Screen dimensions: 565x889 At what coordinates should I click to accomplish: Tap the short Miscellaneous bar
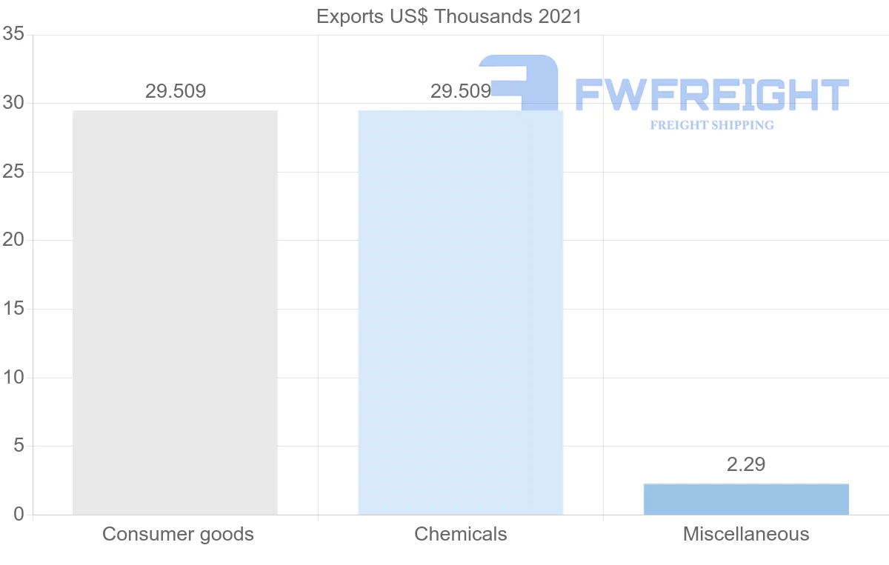(746, 499)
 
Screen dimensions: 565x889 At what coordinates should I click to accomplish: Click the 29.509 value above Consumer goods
(176, 91)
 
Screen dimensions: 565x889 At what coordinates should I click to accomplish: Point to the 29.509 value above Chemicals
(461, 91)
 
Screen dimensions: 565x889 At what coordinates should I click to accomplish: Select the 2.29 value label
(746, 464)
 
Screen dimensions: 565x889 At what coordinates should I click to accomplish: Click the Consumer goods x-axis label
(178, 534)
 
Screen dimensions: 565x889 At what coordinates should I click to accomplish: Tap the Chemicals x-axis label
(461, 534)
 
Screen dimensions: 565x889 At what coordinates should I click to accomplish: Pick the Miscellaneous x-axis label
(746, 534)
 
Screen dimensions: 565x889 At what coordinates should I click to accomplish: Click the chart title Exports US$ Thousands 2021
(449, 16)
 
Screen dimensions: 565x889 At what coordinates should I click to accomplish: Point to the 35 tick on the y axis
(14, 35)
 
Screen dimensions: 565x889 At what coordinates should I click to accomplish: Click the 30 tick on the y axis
(14, 104)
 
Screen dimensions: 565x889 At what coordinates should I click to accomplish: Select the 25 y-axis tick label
(14, 172)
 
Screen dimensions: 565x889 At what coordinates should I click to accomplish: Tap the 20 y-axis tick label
(14, 241)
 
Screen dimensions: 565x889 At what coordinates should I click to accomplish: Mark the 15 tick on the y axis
(14, 309)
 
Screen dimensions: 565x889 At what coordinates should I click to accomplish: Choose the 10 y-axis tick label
(14, 378)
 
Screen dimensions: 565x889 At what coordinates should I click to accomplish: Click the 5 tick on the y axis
(19, 446)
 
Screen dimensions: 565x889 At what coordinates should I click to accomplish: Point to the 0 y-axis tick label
(19, 515)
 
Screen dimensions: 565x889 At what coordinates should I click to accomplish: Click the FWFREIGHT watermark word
(711, 94)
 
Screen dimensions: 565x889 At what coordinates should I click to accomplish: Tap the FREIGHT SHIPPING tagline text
(712, 125)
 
